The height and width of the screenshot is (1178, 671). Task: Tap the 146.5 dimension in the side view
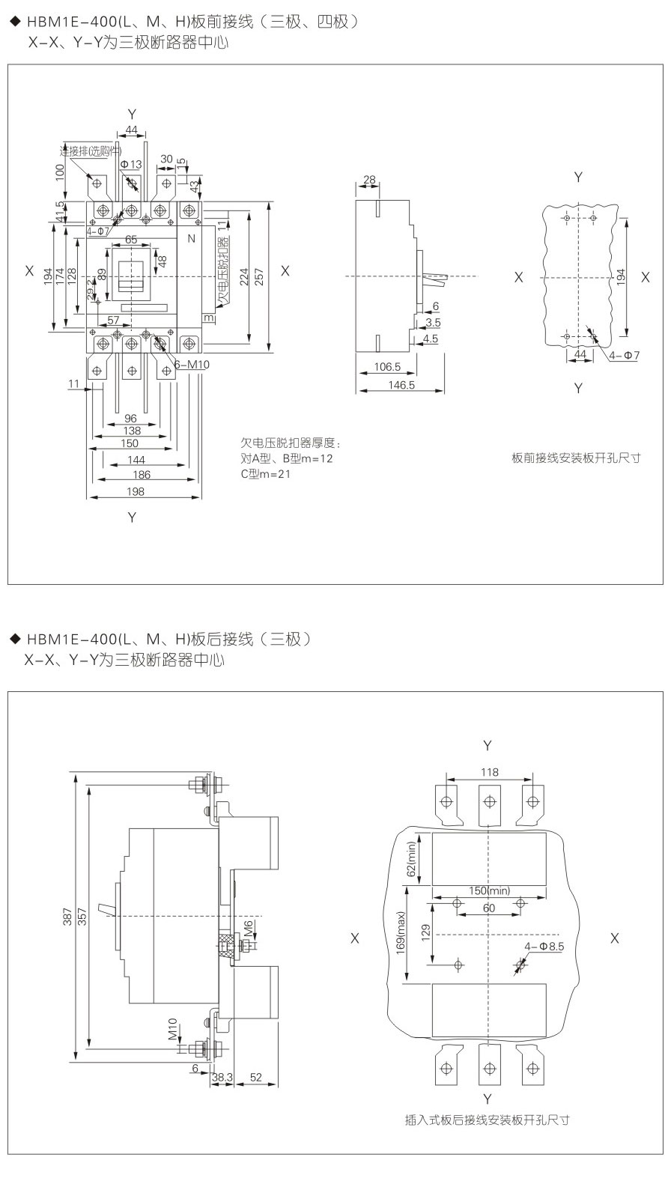tap(401, 385)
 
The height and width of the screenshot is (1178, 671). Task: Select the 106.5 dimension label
tap(386, 367)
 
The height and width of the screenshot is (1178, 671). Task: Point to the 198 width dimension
tap(136, 491)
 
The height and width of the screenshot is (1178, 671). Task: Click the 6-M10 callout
tap(191, 364)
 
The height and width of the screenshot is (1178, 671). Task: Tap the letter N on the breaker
tap(192, 238)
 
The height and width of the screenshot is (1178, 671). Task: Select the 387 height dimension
tap(67, 917)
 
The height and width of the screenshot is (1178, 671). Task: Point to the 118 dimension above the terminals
tap(489, 772)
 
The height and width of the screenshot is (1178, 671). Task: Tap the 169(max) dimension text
tap(401, 932)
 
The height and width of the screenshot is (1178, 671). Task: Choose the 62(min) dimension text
tap(411, 860)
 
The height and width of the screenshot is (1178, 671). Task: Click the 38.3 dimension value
tap(222, 1077)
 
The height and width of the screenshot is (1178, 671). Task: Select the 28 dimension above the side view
tap(368, 179)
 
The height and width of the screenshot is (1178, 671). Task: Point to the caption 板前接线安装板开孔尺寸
tap(577, 458)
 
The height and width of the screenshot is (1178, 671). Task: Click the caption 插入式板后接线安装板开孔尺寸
tap(488, 1120)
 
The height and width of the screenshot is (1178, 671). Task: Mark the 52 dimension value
tap(255, 1077)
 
